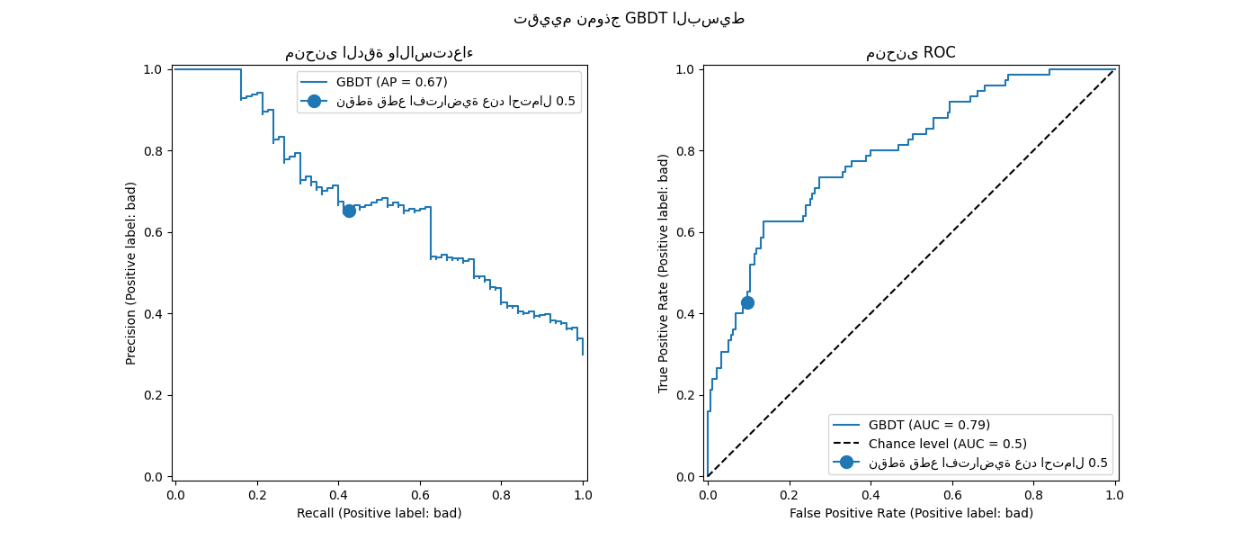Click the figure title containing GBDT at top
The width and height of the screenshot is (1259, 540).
tap(629, 19)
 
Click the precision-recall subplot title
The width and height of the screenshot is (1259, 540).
tap(379, 53)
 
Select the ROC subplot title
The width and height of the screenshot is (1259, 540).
tap(910, 53)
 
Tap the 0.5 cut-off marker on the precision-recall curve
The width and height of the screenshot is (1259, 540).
tap(349, 211)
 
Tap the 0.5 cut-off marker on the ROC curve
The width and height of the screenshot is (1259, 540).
tap(747, 303)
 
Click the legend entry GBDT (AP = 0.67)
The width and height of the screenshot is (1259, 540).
tap(391, 82)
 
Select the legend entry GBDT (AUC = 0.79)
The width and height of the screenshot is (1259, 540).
tap(929, 425)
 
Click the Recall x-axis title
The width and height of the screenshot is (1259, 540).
tap(379, 513)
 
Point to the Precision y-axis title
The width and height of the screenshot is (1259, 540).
tap(131, 273)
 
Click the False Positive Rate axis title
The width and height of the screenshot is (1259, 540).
tap(911, 513)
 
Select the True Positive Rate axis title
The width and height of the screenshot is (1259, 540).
tap(664, 273)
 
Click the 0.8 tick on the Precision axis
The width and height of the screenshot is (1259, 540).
tap(154, 151)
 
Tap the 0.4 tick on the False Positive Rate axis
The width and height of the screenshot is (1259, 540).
tap(871, 494)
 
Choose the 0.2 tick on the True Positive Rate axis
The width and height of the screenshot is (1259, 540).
tap(686, 395)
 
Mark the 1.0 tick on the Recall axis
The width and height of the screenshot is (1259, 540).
tap(583, 494)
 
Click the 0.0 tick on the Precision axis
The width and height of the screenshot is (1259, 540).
tap(154, 477)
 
